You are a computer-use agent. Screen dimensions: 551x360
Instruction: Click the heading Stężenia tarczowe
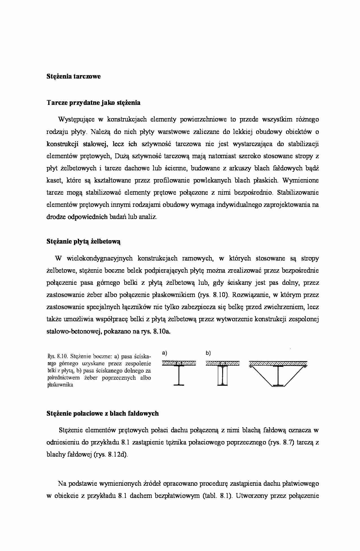tap(73, 77)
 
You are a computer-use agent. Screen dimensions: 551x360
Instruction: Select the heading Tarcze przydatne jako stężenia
tap(93, 103)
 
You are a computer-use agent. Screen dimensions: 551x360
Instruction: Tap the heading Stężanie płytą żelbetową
tap(84, 242)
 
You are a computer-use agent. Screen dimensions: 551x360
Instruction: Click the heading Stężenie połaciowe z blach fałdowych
tap(102, 414)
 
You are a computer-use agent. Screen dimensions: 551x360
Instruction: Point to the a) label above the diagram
tap(165, 353)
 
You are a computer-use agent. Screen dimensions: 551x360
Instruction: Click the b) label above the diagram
tap(208, 353)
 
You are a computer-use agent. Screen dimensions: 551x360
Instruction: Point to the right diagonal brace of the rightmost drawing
tap(295, 376)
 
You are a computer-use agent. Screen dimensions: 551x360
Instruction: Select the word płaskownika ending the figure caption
tap(60, 385)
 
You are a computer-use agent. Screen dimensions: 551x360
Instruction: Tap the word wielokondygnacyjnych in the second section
tap(100, 258)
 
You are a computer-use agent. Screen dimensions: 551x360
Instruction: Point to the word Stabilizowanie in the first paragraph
tap(298, 193)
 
